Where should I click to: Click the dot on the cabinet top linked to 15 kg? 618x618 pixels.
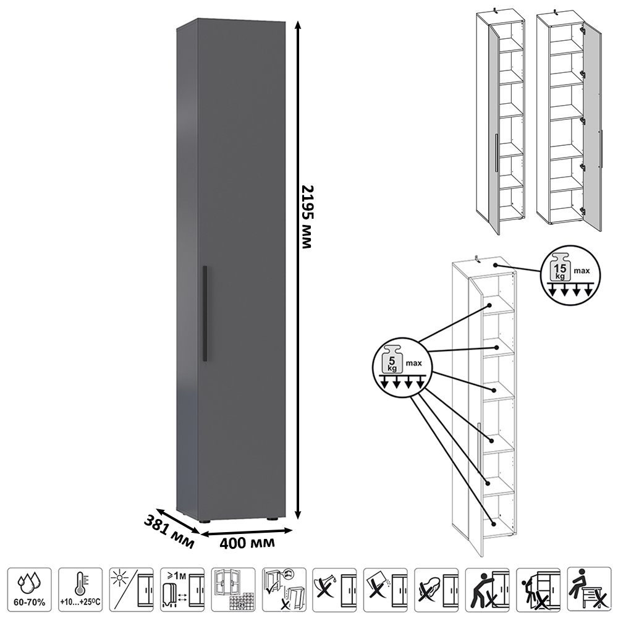[496, 265]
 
